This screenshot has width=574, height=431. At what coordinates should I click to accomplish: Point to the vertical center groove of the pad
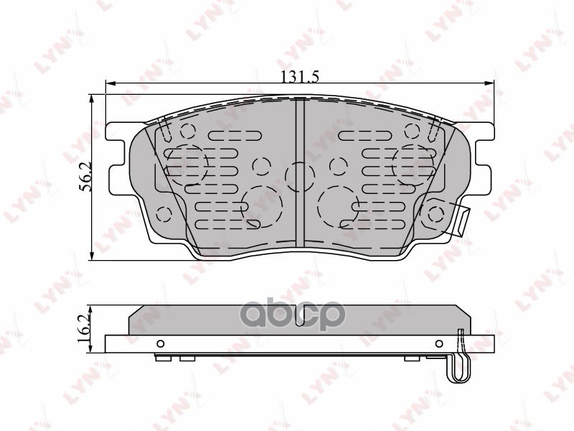[x=301, y=172]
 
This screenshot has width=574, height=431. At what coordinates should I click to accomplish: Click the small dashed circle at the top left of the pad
[x=188, y=131]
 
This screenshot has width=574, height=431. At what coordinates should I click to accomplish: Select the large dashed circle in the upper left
[x=187, y=162]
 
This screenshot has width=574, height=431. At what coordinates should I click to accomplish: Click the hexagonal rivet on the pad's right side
[x=436, y=213]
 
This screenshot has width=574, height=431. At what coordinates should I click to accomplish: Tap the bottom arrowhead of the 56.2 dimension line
[x=92, y=256]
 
